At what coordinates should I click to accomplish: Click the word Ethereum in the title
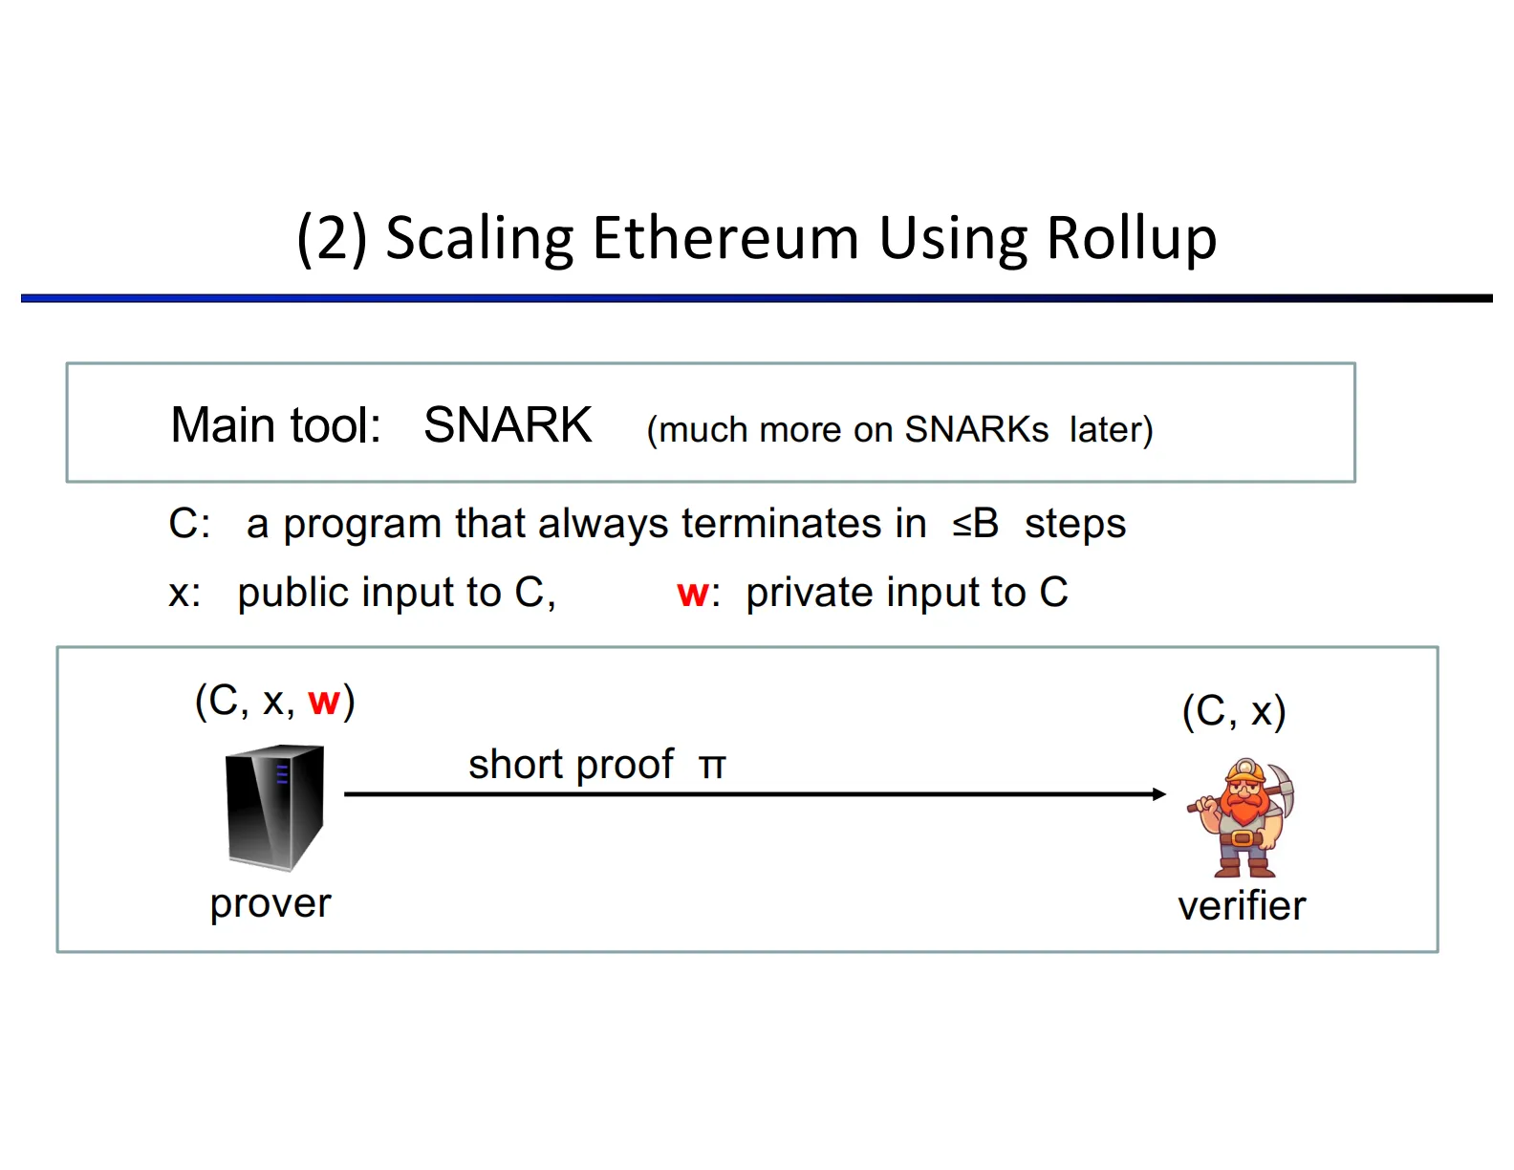click(725, 238)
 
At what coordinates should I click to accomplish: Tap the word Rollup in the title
click(1132, 238)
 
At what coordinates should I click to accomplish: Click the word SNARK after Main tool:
click(508, 425)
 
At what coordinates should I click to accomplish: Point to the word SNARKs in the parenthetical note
click(976, 430)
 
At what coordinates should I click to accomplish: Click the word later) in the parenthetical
click(1111, 430)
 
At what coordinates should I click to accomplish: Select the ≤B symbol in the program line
click(976, 524)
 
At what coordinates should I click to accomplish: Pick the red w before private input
click(692, 594)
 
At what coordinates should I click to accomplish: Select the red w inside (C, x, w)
click(324, 703)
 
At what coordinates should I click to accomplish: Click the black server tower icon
click(274, 809)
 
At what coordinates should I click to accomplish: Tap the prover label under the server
click(270, 903)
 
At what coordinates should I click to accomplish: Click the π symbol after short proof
click(712, 767)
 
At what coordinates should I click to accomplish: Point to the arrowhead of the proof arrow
click(1159, 794)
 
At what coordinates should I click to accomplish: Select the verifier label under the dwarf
click(1242, 906)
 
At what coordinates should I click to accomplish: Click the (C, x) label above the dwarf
click(1234, 712)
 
